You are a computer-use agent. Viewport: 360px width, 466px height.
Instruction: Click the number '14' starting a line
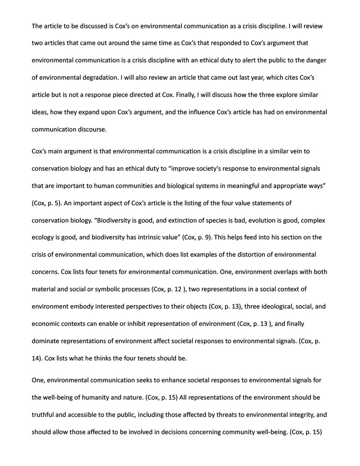[36, 358]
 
